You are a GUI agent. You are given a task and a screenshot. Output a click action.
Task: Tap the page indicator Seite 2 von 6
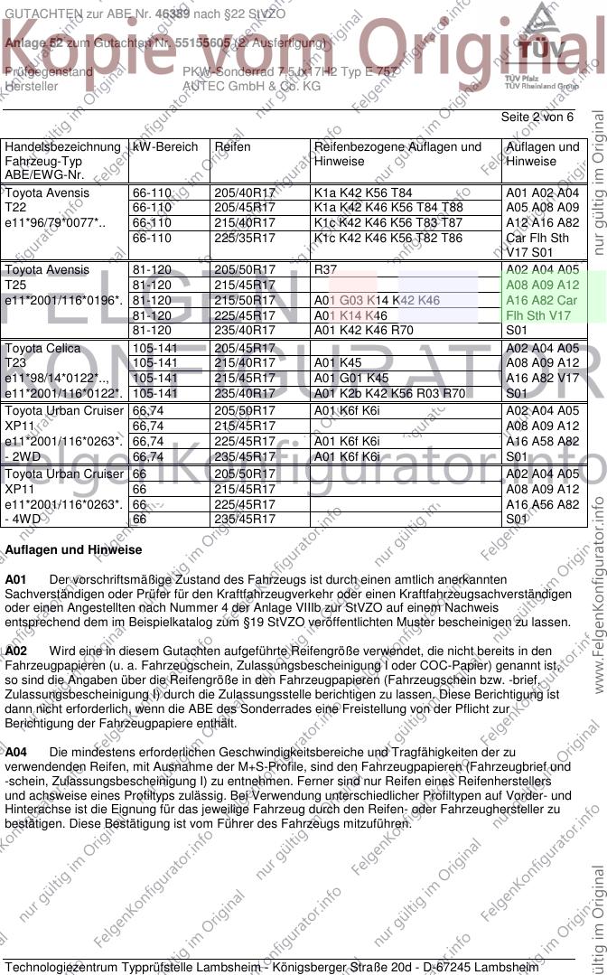537,117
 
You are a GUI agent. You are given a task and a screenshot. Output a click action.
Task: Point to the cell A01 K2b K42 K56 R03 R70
389,393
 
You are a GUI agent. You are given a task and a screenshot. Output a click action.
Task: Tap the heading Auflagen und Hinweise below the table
73,549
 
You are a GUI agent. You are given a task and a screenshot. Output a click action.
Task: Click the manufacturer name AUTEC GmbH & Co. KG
251,87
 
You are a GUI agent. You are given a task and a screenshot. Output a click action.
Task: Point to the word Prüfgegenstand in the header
49,71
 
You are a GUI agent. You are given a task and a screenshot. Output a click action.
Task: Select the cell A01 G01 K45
351,378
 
